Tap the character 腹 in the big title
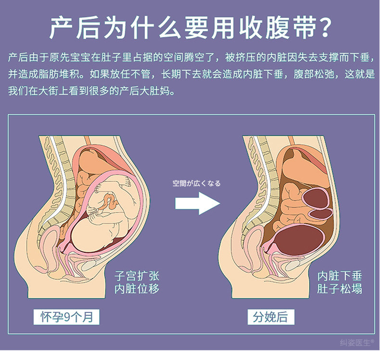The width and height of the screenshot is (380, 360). [x=277, y=27]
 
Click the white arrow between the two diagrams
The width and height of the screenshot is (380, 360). [x=198, y=203]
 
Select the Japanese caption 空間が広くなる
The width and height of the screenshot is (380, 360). [x=197, y=183]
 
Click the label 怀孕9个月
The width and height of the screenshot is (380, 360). [x=66, y=317]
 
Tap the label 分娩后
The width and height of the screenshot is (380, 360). [x=270, y=317]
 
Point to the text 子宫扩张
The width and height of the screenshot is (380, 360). [x=137, y=276]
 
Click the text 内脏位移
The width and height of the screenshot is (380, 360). [x=137, y=289]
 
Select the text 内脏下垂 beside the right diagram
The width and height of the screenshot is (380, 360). [x=340, y=276]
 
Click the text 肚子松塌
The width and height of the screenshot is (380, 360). [x=340, y=289]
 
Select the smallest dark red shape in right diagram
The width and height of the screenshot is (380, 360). [x=321, y=214]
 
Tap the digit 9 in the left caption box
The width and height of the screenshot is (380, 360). [x=67, y=317]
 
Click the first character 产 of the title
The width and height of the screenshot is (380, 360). [x=61, y=27]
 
